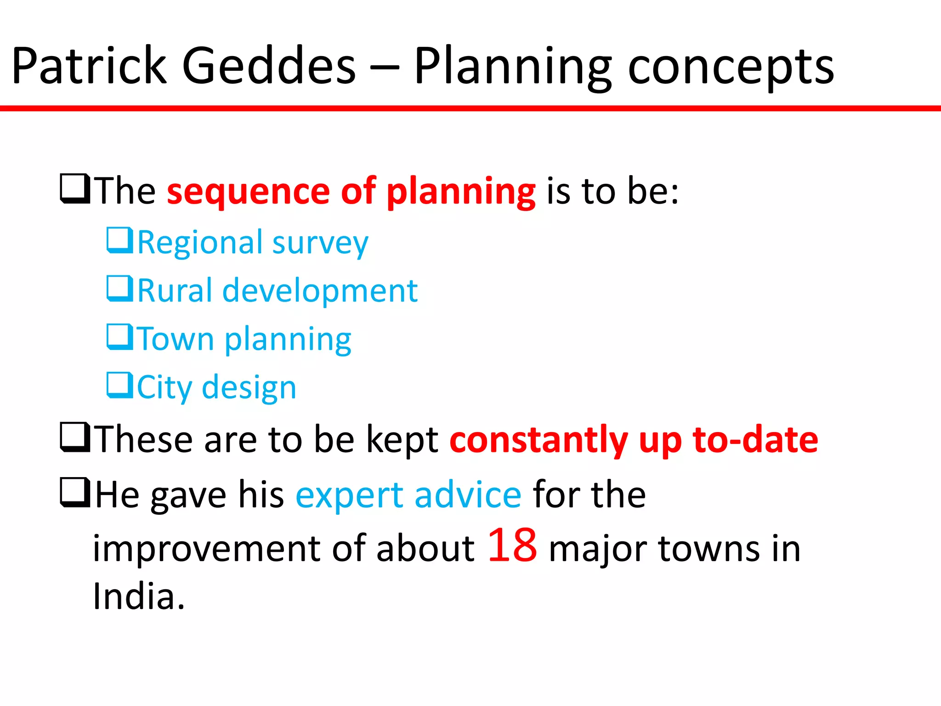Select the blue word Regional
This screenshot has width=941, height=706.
pos(200,243)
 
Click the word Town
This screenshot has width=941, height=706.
pos(176,339)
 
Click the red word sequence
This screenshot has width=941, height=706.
pos(248,191)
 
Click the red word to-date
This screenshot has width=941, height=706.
pos(755,439)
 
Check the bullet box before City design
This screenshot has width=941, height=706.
pos(119,386)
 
